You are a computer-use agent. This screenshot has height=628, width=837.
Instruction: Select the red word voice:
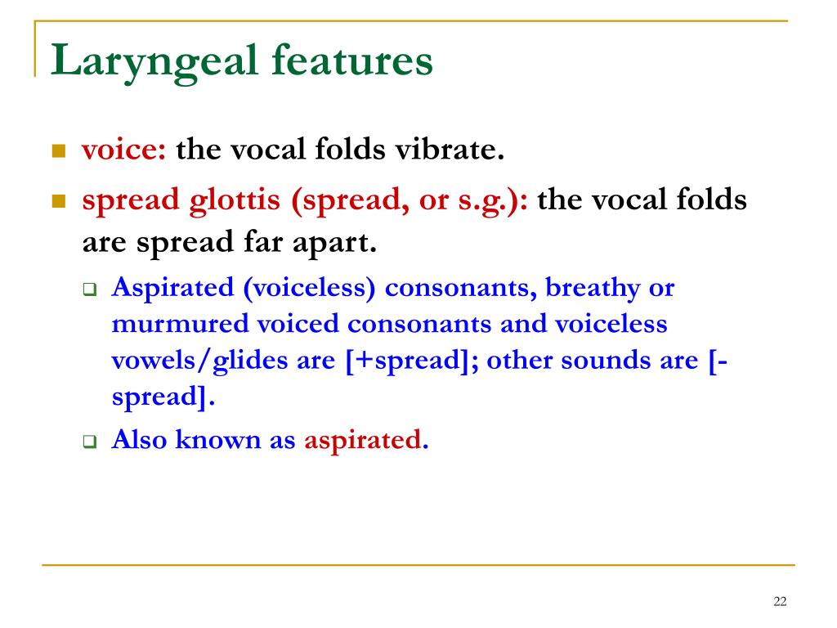pos(124,149)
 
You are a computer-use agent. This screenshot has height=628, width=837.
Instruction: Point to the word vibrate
pos(450,149)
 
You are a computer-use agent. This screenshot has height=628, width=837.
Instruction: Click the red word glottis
pos(235,201)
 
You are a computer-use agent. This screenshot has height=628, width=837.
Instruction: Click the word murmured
pos(181,324)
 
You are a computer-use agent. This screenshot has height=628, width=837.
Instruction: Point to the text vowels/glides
pos(199,361)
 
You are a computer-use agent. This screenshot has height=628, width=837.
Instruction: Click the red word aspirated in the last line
pos(363,441)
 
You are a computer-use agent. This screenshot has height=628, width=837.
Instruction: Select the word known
pos(217,439)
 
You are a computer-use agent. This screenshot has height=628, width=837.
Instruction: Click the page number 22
pos(780,601)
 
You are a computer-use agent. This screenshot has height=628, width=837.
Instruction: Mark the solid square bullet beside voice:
pos(59,151)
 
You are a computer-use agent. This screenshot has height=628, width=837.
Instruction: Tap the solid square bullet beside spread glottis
pos(59,201)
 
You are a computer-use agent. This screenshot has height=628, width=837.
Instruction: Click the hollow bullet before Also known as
pos(90,442)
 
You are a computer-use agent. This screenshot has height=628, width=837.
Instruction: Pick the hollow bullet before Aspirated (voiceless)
pos(90,290)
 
